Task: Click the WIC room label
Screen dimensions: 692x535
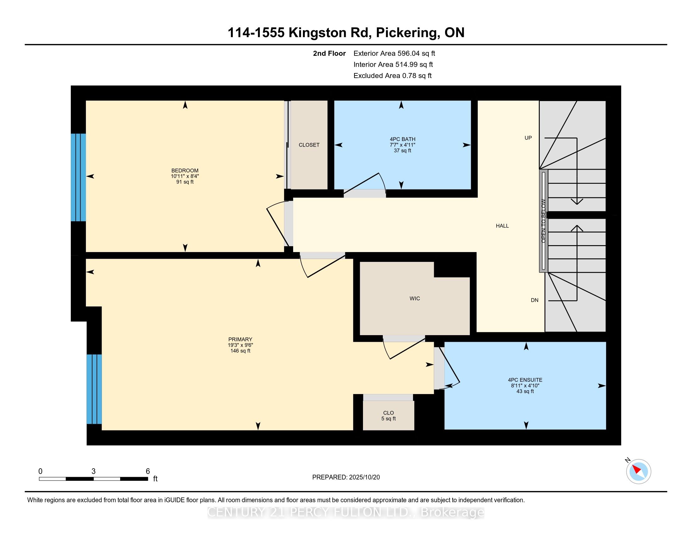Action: [415, 299]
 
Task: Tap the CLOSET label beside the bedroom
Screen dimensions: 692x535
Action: [309, 145]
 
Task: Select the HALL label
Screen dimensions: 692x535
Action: [502, 226]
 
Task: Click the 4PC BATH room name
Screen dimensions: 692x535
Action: [402, 139]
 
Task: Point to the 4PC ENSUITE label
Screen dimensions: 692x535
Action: [525, 380]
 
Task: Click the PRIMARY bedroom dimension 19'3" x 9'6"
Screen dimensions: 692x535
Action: [240, 345]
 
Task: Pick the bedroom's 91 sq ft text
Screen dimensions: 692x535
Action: [185, 182]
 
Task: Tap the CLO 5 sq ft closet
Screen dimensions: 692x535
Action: [388, 415]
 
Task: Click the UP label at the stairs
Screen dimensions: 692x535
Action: [528, 138]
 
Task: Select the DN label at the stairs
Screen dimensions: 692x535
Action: [534, 300]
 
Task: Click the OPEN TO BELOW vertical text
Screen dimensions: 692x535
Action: [544, 221]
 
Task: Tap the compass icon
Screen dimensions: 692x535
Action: [639, 471]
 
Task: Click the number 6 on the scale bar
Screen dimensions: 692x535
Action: [148, 471]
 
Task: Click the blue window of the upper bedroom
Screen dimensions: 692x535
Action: [78, 177]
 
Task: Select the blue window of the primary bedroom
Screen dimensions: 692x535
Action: [94, 389]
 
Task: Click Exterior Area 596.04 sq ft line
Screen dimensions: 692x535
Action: [394, 53]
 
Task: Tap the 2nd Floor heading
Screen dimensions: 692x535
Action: [329, 53]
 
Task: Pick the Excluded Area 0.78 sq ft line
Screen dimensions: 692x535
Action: [393, 76]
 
